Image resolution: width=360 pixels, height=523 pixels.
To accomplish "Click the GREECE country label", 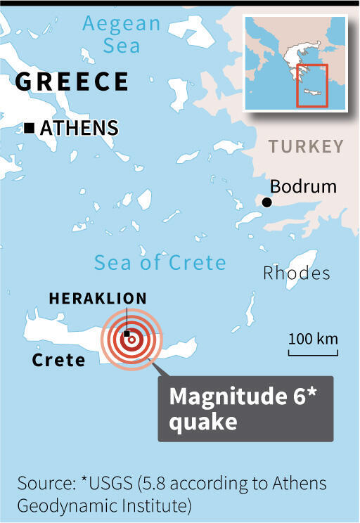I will (x=71, y=81).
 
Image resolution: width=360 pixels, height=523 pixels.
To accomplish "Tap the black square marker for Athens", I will (x=29, y=128).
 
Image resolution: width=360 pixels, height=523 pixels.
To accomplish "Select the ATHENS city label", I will (x=79, y=128).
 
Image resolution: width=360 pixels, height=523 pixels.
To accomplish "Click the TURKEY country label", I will (x=306, y=147).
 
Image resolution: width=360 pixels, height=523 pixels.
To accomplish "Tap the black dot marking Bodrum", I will (x=267, y=202).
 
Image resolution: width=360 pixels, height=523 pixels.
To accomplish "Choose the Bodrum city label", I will (x=304, y=187).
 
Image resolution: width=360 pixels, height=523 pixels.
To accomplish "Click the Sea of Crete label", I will (x=160, y=263).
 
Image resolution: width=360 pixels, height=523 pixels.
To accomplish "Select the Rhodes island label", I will (x=296, y=273).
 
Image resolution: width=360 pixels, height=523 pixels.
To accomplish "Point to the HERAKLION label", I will (x=98, y=298).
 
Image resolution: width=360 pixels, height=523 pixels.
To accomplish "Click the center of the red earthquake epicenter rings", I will (x=131, y=339).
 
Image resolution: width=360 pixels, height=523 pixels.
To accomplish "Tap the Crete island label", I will (x=58, y=361).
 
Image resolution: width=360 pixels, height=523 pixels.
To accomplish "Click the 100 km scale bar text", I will (x=313, y=339).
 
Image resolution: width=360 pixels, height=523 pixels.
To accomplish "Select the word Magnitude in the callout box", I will (x=224, y=397).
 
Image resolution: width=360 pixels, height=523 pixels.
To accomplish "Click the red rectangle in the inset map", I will (x=311, y=84).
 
